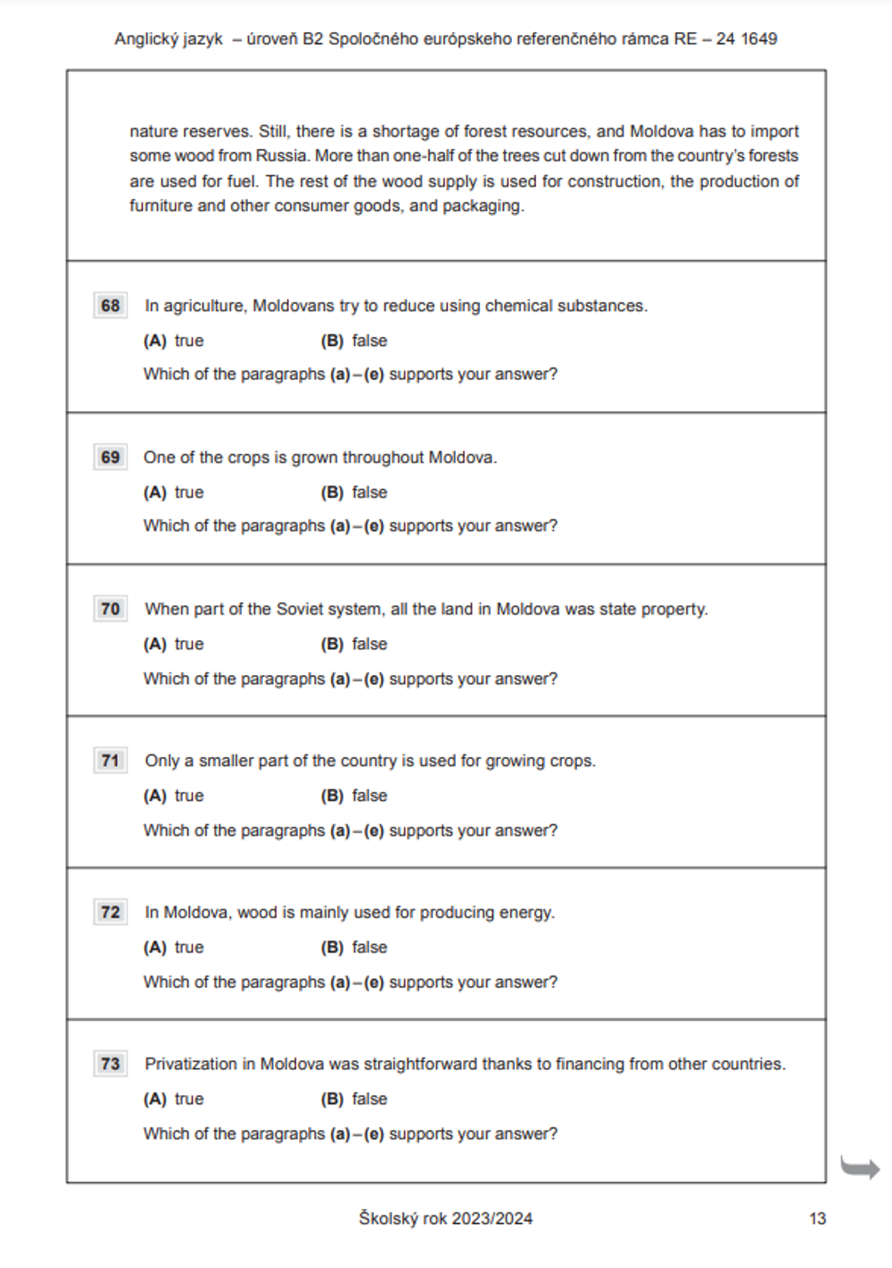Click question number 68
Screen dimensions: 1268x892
click(111, 306)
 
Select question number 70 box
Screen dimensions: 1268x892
click(111, 609)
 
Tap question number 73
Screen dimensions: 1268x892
click(111, 1064)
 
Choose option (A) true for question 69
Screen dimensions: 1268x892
click(174, 492)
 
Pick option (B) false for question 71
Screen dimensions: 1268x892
click(354, 795)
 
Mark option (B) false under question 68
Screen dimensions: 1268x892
click(354, 341)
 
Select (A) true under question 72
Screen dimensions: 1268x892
click(174, 947)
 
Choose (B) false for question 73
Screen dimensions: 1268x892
click(354, 1099)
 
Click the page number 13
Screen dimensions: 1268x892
click(817, 1219)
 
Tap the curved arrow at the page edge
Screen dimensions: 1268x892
click(860, 1167)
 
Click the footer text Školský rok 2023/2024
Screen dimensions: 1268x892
click(445, 1219)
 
